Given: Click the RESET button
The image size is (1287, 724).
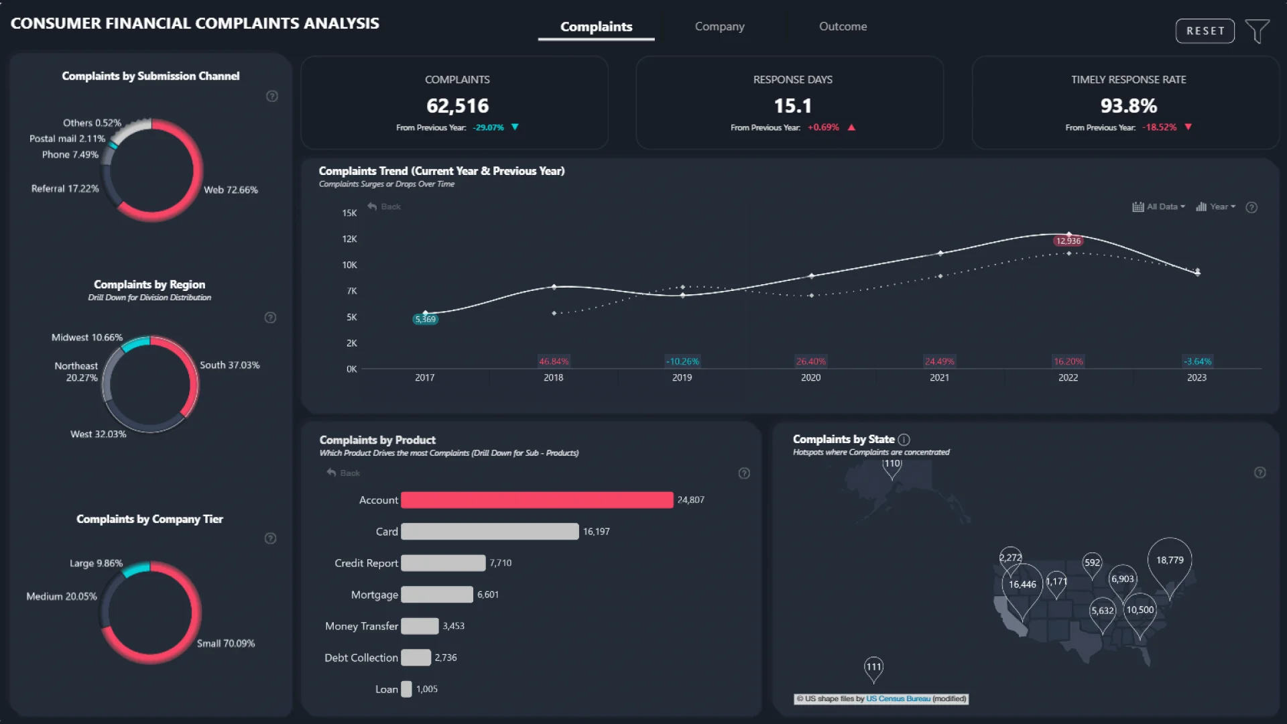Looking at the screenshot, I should click(1205, 31).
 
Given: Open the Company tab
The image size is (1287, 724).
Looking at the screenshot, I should click(719, 26).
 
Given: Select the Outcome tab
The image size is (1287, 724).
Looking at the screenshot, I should click(843, 26).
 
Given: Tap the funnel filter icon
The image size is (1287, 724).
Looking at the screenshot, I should click(1257, 31).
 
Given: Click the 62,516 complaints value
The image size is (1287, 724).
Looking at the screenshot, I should click(457, 106).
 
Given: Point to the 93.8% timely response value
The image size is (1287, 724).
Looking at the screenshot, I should click(1128, 106).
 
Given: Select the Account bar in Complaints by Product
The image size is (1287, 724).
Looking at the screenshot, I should click(537, 500).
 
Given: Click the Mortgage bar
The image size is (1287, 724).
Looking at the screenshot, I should click(437, 595).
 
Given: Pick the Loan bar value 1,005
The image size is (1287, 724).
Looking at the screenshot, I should click(427, 689).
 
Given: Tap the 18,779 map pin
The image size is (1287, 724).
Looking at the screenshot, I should click(1170, 560).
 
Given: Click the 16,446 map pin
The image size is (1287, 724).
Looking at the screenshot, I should click(1022, 585).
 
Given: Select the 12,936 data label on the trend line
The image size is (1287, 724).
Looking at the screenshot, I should click(1068, 241).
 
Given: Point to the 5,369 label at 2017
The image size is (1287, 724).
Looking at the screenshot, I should click(426, 319).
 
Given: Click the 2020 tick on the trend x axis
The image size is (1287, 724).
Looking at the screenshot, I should click(810, 378).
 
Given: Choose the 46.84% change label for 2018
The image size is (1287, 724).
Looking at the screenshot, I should click(554, 361).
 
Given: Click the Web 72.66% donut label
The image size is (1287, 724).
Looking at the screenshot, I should click(231, 190).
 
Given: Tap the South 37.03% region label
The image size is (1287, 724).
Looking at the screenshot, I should click(229, 365).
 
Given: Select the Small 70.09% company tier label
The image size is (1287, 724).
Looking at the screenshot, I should click(225, 644).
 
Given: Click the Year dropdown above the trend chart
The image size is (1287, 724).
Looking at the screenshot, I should click(1216, 206).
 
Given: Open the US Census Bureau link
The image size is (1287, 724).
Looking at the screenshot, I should click(898, 699).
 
